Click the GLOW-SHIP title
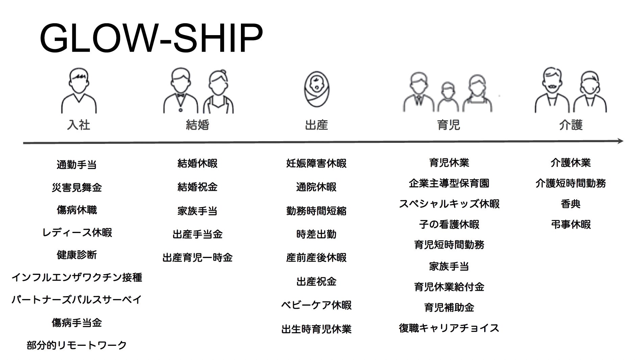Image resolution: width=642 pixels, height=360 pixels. coord(151,38)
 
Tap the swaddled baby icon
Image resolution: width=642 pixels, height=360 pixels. coord(316,89)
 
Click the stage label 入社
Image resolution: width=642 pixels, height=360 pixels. coord(78,125)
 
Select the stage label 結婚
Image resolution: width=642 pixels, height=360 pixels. coord(198,125)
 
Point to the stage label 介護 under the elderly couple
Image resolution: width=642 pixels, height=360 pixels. coord(571,125)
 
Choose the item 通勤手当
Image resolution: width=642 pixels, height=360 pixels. coord(77,165)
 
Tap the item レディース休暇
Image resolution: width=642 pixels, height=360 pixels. coord(77,233)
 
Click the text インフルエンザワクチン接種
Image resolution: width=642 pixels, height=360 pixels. coord(77,278)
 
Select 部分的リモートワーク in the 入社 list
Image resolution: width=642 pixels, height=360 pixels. coord(77,345)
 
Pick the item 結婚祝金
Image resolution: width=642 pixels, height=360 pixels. coord(198,187)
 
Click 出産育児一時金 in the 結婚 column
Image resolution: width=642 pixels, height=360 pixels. coord(198,258)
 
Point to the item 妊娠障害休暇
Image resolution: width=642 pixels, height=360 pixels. coord(316,163)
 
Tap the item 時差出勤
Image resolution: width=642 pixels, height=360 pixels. coord(316,234)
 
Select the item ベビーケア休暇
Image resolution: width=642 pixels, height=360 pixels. coord(316,305)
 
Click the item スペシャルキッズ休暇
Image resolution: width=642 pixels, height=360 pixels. coord(449,204)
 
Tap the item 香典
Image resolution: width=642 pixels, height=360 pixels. coord(571,204)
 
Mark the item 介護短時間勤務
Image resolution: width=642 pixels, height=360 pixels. coord(571,183)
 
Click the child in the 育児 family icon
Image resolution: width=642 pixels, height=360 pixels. coord(447,97)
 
